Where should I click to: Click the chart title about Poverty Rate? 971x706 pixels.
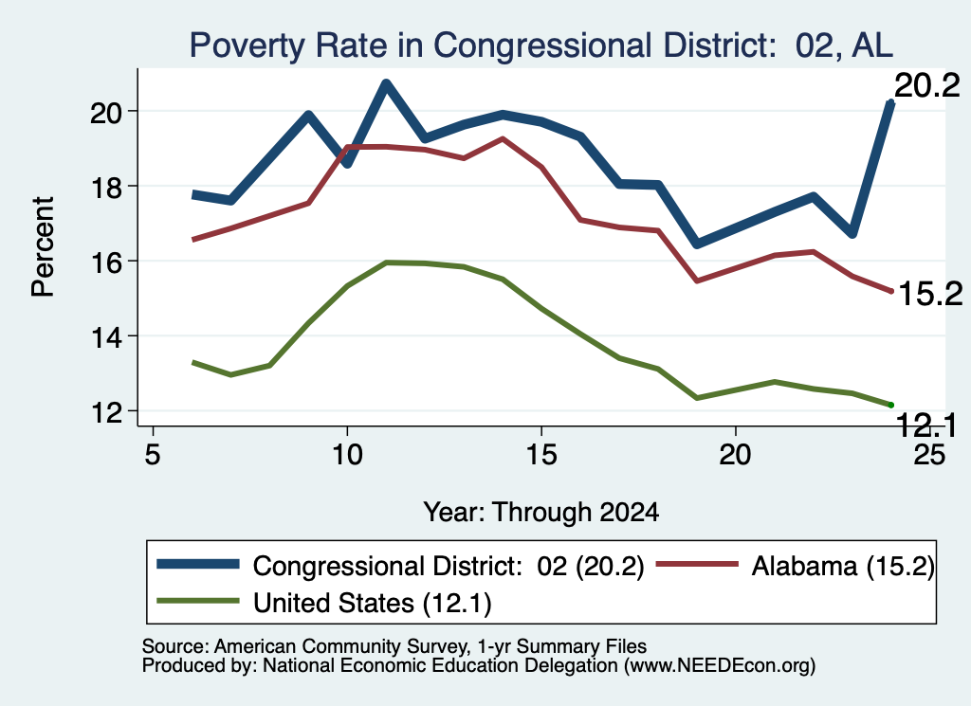pos(540,45)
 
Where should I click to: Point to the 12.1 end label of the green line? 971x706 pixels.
pos(926,425)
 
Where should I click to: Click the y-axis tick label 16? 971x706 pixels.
pos(106,262)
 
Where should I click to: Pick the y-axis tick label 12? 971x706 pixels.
pos(106,411)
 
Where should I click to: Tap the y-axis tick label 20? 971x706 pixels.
pos(106,112)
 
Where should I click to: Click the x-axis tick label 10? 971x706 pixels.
pos(347,455)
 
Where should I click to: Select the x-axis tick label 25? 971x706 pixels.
pos(929,455)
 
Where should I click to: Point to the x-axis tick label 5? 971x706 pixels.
pos(153,455)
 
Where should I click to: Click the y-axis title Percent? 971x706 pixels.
pos(44,247)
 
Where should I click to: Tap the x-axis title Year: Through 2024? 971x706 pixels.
pos(540,513)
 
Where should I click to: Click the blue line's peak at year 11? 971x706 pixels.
pos(386,83)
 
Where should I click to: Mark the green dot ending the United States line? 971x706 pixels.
pos(891,405)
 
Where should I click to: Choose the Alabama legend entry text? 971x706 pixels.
pos(842,566)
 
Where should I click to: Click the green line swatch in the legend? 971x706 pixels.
pos(198,600)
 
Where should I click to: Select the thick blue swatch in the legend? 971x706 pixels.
pos(198,564)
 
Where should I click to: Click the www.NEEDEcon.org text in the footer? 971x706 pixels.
pos(719,666)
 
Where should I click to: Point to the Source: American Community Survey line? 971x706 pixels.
pos(394,646)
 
